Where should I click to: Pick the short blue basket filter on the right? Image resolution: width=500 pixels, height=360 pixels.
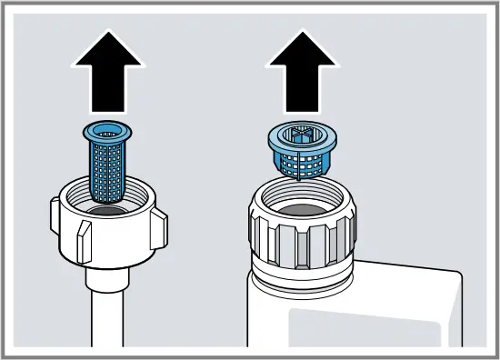coord(302,150)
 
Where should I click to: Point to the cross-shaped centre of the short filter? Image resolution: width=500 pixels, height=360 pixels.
coord(302,135)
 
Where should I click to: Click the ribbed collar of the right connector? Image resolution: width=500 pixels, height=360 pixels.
coord(300,241)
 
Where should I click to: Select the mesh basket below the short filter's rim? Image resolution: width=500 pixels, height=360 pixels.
coord(302,164)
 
